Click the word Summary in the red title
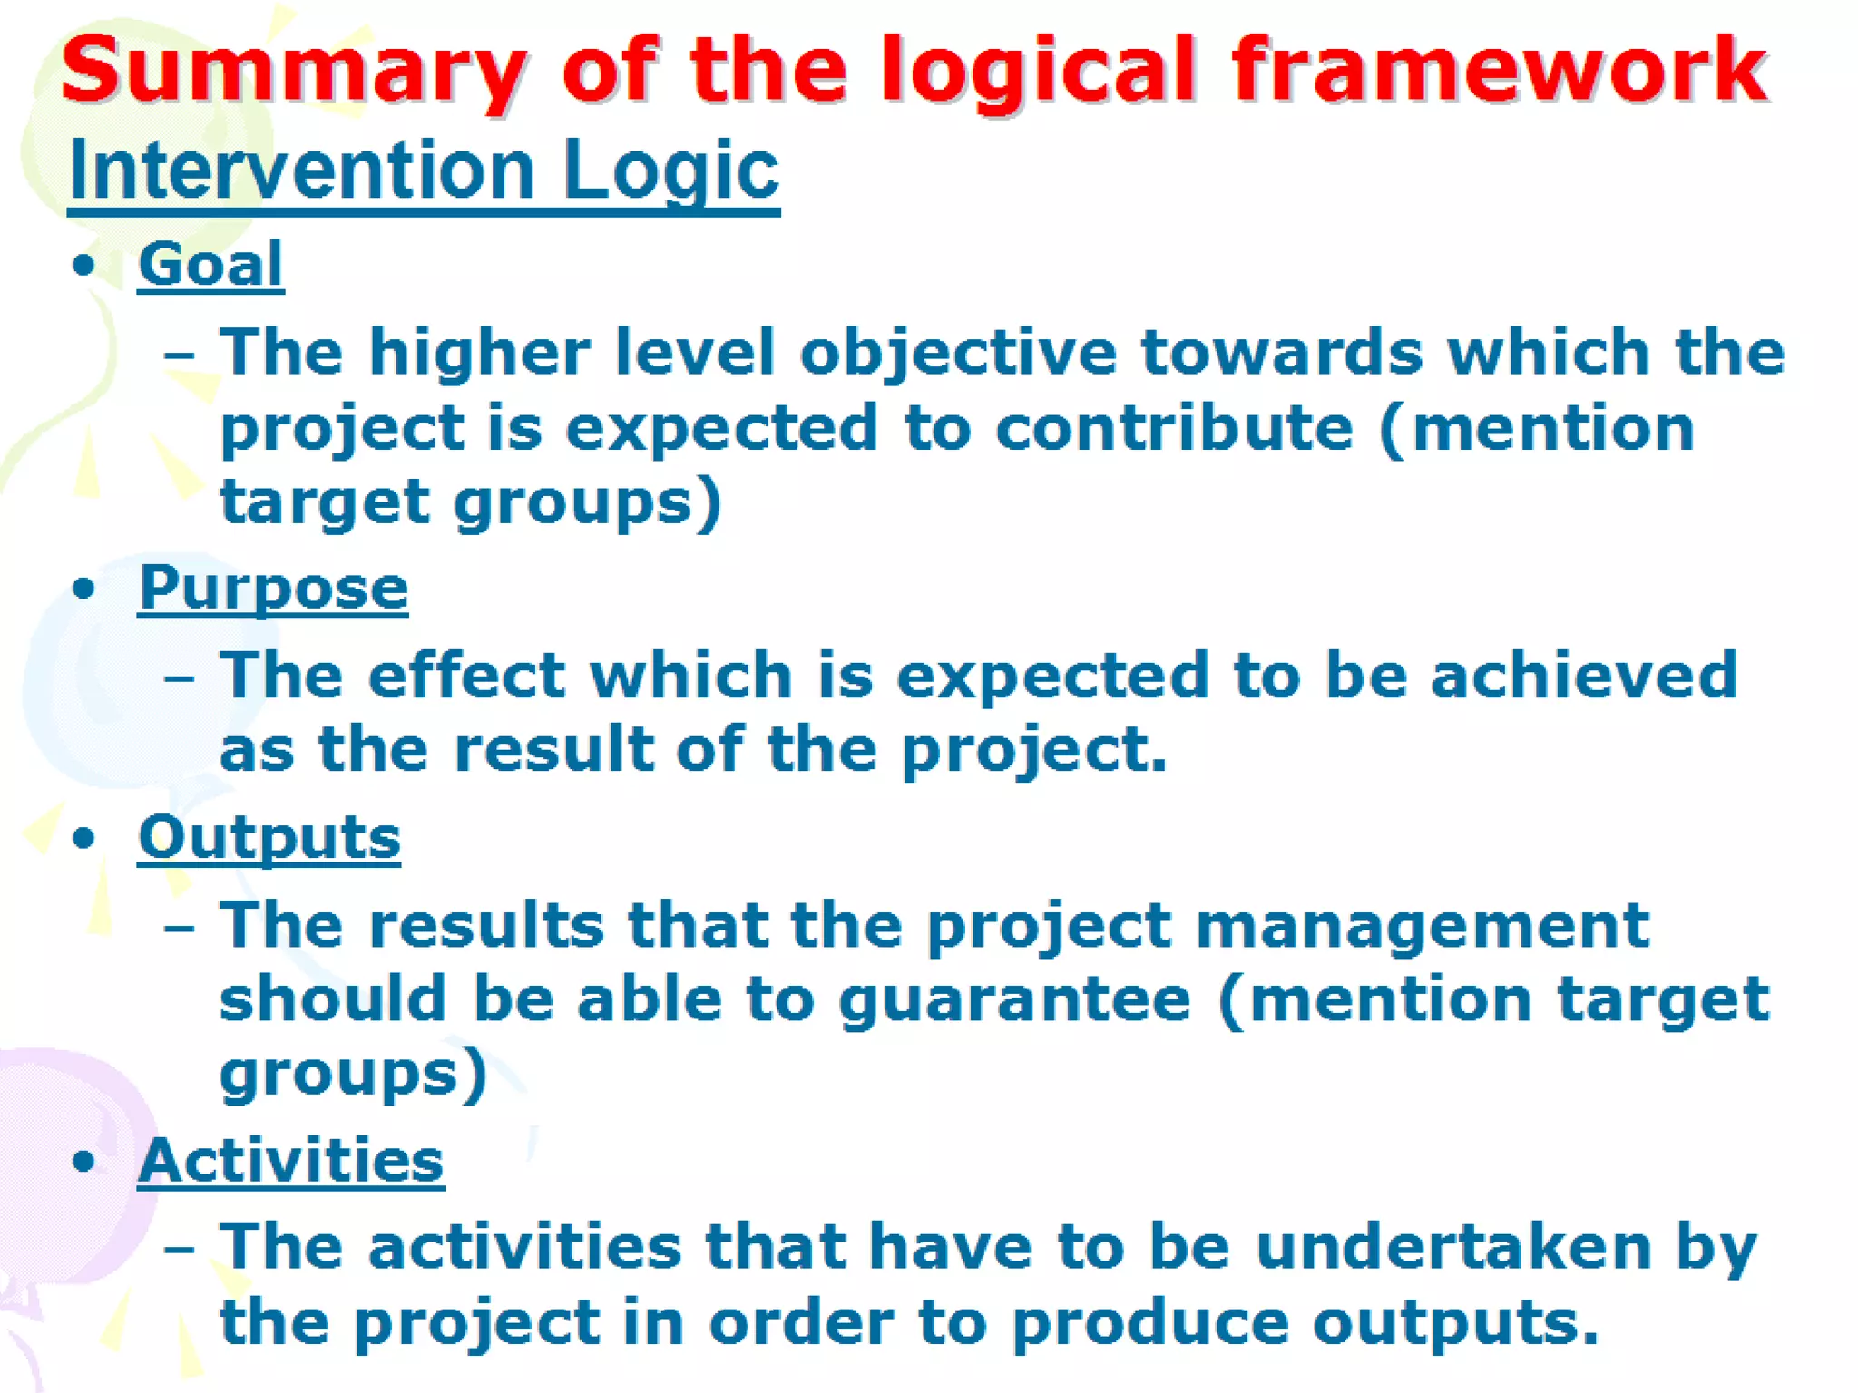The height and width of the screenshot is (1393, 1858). point(292,71)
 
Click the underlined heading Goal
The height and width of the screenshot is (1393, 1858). point(210,264)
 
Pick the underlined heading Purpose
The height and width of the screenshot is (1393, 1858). point(273,588)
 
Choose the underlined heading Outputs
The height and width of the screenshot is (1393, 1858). point(269,836)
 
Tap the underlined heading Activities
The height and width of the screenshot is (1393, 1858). point(291,1160)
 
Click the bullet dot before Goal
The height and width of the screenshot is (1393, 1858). point(83,266)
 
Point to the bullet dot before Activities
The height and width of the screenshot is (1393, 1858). point(83,1161)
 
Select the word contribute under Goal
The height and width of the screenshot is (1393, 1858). point(1174,428)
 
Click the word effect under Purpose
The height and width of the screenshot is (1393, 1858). point(467,676)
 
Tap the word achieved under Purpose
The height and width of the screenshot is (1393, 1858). point(1584,676)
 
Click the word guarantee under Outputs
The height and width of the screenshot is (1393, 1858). point(1014,999)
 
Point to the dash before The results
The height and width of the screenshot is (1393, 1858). point(179,928)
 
